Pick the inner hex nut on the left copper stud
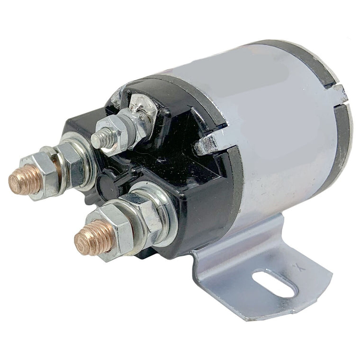point(71,163)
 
